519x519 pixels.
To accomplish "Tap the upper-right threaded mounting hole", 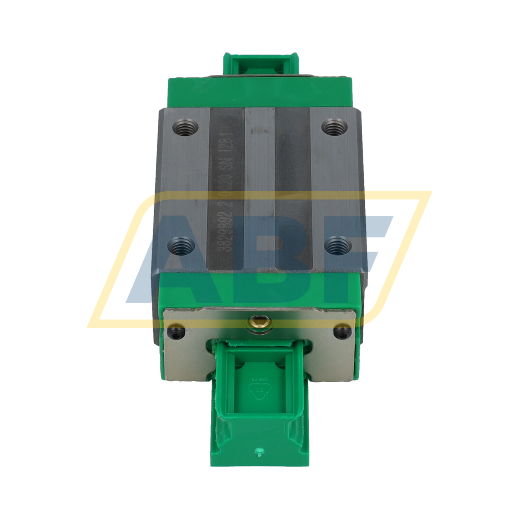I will point(335,127).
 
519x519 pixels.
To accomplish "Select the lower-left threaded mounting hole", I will point(181,246).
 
